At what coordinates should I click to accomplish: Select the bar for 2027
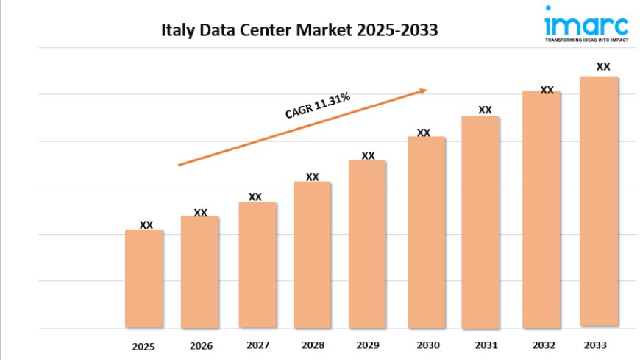(x=257, y=264)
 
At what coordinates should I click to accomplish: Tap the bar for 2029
(x=367, y=244)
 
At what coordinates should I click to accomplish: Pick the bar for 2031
(x=480, y=222)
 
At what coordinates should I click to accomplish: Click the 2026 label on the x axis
(x=201, y=345)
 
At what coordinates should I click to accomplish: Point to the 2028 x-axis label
(x=313, y=345)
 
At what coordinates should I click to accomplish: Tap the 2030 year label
(x=427, y=345)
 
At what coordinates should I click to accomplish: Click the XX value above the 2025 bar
(x=146, y=225)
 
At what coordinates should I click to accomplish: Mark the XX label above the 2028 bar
(x=313, y=177)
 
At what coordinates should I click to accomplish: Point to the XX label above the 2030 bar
(x=424, y=133)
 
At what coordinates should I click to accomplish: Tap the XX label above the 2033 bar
(x=603, y=66)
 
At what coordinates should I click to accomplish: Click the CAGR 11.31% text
(x=317, y=106)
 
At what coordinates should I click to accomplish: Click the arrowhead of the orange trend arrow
(x=423, y=91)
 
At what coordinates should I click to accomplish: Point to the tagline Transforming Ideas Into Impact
(x=586, y=41)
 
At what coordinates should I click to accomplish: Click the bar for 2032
(x=541, y=209)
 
